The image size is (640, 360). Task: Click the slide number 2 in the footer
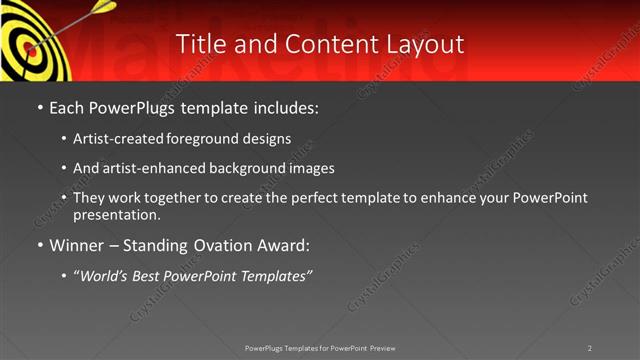(x=590, y=348)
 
